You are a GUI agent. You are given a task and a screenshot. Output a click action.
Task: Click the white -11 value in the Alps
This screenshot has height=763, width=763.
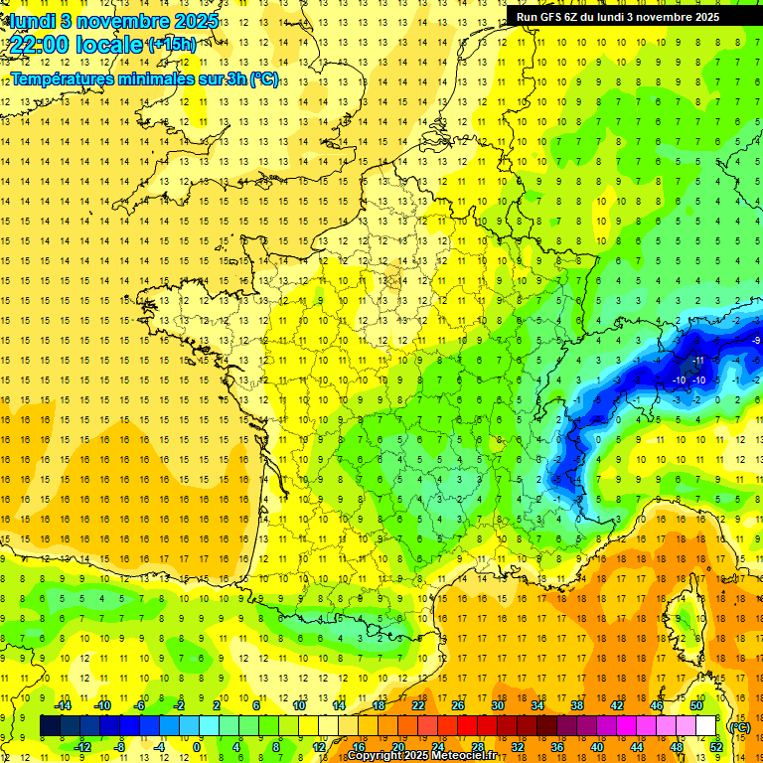(x=699, y=360)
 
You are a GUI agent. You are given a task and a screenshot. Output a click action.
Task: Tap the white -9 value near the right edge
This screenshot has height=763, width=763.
(x=757, y=341)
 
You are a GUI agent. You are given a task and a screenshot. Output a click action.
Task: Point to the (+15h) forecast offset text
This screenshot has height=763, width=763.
(x=172, y=45)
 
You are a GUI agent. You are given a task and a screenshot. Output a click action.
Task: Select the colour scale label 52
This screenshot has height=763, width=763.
(x=716, y=746)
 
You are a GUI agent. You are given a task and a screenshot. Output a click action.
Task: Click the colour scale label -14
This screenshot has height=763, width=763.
(x=64, y=705)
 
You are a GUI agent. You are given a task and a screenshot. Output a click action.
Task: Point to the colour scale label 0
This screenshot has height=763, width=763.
(x=197, y=746)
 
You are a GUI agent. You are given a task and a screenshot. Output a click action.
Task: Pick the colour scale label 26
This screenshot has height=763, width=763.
(x=457, y=705)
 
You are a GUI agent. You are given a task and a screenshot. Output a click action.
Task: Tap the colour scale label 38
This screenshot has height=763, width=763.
(x=576, y=705)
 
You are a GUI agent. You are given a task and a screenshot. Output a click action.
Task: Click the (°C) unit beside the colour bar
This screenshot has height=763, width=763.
(x=739, y=726)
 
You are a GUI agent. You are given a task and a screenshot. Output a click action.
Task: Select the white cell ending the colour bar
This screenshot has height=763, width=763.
(x=705, y=726)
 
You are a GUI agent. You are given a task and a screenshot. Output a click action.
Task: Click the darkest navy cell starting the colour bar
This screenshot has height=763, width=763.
(x=50, y=726)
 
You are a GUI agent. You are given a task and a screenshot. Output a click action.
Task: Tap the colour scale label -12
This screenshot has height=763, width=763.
(x=83, y=746)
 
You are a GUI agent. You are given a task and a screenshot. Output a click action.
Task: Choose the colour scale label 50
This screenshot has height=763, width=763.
(x=696, y=705)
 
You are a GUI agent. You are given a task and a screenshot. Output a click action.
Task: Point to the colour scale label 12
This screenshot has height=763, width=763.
(x=318, y=746)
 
